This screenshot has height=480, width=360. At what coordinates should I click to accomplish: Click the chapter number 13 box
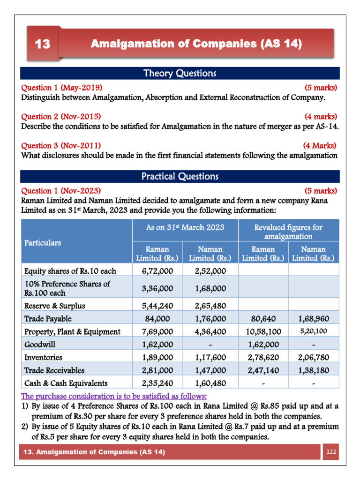42,45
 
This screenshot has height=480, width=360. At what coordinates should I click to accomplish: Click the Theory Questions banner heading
180,74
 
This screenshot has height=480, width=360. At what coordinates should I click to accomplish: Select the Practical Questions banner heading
180,177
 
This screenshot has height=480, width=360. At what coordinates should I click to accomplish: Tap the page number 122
331,452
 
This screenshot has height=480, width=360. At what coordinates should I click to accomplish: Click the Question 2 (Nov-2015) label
60,117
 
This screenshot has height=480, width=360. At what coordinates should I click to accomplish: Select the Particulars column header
43,243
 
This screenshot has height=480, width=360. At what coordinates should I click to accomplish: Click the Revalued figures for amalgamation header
288,232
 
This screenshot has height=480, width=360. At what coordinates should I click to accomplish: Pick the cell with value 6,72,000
157,271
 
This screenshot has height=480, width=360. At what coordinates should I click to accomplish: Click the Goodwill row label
39,345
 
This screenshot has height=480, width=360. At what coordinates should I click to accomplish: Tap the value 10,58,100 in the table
263,331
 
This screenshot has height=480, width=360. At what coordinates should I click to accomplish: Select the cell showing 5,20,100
313,331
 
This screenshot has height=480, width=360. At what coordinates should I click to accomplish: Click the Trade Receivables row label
54,370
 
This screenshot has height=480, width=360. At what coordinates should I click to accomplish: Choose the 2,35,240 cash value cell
157,383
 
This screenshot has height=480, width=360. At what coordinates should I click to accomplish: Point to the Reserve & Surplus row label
54,306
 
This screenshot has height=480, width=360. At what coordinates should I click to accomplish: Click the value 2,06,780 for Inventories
313,358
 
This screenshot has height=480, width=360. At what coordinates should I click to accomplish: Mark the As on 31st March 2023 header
185,227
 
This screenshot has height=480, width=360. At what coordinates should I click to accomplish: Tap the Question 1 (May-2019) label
61,88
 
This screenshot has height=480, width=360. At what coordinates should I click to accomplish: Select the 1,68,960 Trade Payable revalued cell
313,319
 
